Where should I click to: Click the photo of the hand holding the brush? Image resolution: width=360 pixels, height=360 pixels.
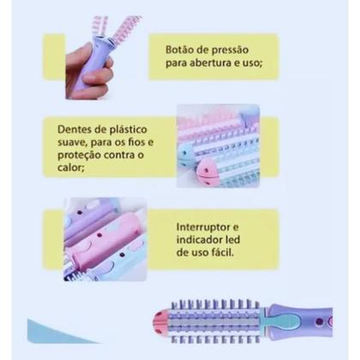click(94, 56)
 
